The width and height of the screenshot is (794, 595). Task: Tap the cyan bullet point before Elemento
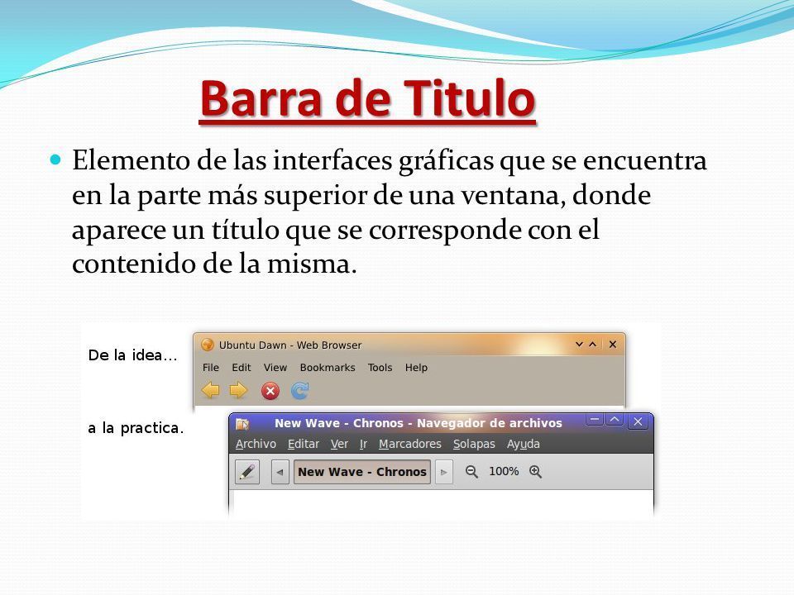point(55,160)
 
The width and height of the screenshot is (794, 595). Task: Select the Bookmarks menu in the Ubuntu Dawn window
point(328,367)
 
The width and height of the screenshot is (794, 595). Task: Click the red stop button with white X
point(270,391)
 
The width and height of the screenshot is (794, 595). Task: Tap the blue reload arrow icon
point(299,391)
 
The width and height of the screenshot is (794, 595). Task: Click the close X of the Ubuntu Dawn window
point(613,345)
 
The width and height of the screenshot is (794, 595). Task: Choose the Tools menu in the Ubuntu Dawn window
point(380,367)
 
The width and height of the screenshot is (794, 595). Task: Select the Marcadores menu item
point(410,444)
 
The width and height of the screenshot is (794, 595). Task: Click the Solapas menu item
point(474,444)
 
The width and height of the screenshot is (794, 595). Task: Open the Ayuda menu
point(523,444)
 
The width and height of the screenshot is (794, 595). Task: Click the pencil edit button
point(247,472)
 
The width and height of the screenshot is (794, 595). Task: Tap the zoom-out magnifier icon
point(471,472)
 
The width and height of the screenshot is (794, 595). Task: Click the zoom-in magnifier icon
point(535,472)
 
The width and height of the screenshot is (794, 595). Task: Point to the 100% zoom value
point(504,472)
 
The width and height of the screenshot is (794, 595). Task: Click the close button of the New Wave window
point(638,421)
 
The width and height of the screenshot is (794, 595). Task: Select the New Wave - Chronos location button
point(362,472)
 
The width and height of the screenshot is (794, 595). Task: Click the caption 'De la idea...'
point(132,355)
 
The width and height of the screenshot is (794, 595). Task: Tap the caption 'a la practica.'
point(136,428)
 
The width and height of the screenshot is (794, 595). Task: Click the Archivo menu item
point(256,444)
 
